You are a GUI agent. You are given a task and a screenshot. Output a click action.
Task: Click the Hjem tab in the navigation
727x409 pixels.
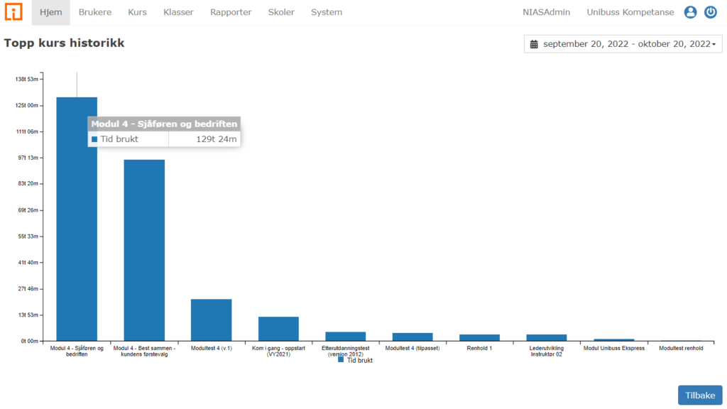51,12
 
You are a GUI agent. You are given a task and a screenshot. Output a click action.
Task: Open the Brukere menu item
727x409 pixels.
95,12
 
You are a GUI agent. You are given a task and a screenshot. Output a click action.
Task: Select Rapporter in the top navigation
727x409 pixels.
231,12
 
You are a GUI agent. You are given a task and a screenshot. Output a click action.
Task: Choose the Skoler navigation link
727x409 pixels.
281,12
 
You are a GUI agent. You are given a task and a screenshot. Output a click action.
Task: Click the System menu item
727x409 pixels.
327,12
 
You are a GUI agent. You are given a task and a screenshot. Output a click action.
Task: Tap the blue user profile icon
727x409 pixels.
690,12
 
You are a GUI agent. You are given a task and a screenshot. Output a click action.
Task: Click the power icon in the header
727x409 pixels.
711,12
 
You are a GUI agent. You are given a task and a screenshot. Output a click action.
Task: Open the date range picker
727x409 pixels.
623,44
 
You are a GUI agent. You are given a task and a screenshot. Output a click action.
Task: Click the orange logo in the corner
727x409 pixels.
14,12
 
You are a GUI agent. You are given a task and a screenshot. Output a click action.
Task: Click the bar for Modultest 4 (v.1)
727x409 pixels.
211,320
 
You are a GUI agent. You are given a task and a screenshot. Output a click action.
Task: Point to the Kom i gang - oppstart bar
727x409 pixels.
278,329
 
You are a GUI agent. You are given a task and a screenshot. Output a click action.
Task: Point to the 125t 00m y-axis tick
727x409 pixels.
27,105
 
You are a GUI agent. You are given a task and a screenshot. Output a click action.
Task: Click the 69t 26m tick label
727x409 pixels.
27,210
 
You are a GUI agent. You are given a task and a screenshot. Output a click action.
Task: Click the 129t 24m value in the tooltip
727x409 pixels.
215,139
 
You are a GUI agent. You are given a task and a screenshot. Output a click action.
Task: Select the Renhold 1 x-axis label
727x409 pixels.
479,349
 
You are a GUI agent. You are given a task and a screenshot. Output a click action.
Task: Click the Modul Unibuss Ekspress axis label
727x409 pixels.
613,349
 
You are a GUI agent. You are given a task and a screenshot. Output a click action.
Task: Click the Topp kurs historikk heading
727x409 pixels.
64,43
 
